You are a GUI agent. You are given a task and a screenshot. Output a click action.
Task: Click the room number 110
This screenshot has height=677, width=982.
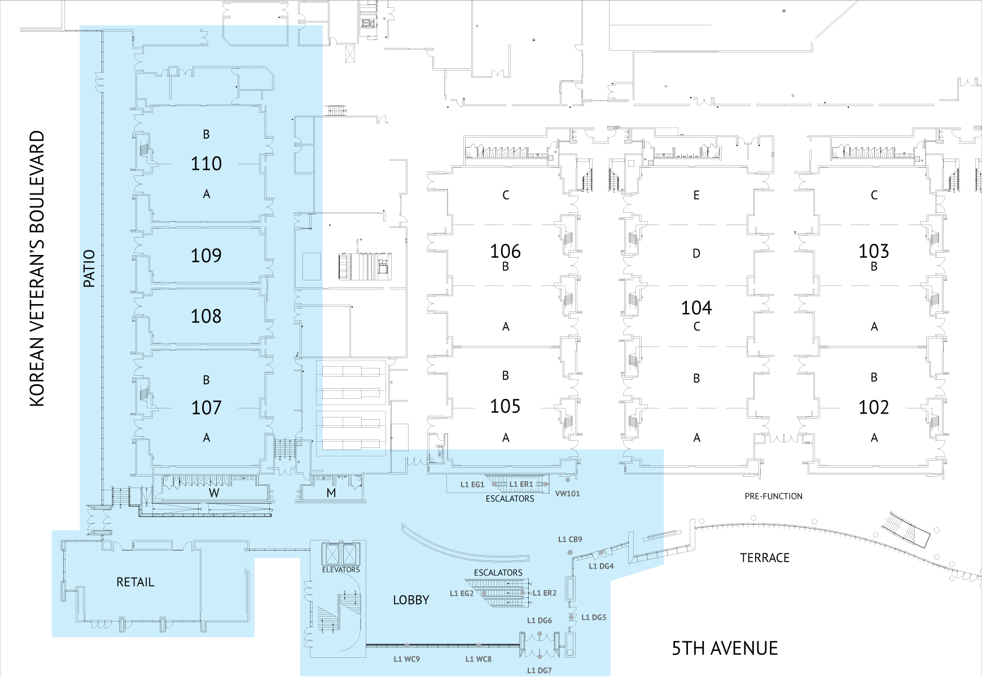206,164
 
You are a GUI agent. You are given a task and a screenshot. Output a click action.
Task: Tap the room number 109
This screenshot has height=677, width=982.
206,256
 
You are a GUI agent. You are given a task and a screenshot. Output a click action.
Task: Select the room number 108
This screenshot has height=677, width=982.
206,316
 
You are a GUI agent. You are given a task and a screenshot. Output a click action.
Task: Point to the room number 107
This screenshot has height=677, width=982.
206,407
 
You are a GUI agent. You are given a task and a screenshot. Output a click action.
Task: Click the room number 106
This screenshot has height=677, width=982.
505,251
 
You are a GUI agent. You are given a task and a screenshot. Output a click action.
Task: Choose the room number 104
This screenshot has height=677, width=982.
696,307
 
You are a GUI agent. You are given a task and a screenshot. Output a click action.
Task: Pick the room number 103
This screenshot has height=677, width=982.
874,251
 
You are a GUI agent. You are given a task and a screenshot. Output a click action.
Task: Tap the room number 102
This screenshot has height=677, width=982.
874,407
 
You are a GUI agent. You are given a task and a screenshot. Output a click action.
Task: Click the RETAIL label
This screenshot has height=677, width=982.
135,582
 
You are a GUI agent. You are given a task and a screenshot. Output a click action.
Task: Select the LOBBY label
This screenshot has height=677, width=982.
411,600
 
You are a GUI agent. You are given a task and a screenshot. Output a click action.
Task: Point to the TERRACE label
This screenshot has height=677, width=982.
765,558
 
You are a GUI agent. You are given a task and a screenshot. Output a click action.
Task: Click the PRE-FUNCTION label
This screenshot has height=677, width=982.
773,496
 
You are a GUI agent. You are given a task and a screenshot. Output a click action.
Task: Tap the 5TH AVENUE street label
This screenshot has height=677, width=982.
725,649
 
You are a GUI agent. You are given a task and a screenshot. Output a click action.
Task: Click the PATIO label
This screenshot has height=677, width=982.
89,269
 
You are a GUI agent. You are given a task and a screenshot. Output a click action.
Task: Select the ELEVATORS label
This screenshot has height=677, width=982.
341,570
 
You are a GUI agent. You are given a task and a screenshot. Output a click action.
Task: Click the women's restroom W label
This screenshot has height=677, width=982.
214,493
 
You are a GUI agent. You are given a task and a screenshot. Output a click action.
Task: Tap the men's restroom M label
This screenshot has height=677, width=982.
331,493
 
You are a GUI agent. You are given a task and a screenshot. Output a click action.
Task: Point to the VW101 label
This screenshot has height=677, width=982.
567,494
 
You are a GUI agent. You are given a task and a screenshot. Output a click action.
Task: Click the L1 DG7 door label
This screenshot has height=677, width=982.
540,670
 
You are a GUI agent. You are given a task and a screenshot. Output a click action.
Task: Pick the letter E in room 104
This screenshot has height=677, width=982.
696,195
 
